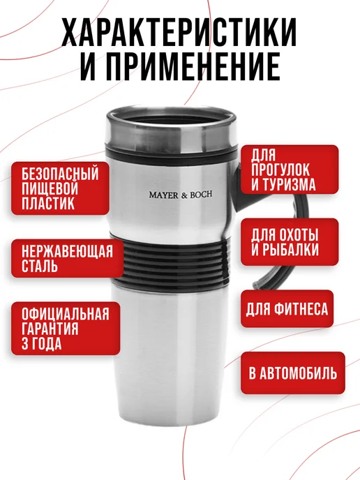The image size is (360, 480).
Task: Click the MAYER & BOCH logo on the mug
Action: point(180,195)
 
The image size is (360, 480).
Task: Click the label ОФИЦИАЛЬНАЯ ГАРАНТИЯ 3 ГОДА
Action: point(61,329)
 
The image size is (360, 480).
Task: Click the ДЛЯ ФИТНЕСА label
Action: point(285,308)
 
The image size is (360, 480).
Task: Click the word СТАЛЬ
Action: point(40,267)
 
